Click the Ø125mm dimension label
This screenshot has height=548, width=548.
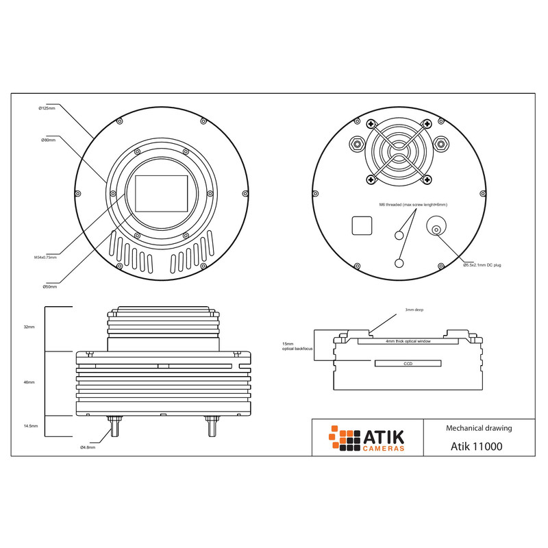tap(47, 108)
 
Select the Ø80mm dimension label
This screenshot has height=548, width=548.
tap(48, 140)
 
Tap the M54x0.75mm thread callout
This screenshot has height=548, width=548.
tap(45, 258)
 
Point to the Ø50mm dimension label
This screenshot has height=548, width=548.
tap(49, 286)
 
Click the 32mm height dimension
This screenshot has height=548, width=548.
tap(29, 327)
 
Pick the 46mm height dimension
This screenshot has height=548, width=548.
tap(29, 382)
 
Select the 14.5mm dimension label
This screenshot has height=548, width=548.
tap(31, 426)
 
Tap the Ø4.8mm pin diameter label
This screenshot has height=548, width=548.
tap(88, 447)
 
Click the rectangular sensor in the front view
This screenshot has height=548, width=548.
tap(162, 193)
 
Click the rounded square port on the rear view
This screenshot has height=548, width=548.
tap(362, 225)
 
